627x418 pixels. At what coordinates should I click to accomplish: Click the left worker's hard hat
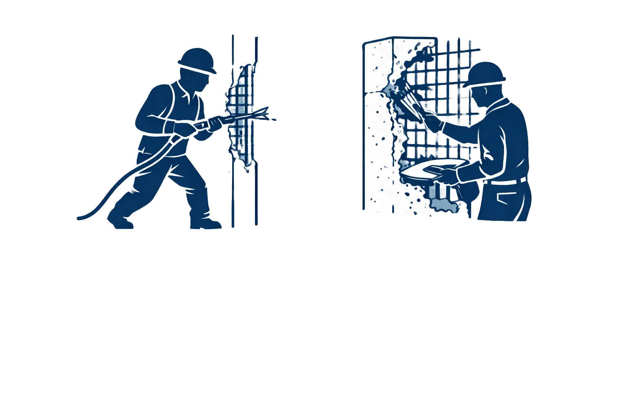click(197, 60)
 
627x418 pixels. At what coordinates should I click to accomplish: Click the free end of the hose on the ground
click(78, 218)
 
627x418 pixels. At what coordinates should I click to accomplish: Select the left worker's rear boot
click(120, 222)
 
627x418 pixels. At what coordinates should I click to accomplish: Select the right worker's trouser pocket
click(502, 200)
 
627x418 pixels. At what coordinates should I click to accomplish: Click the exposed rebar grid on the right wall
click(441, 73)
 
